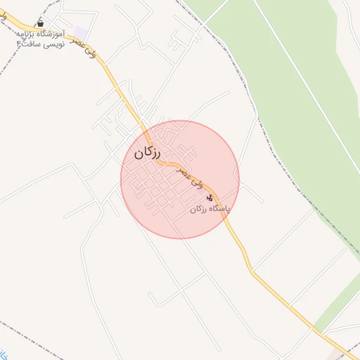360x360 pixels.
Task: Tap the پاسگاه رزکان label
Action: click(210, 210)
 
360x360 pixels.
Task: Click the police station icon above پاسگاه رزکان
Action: click(210, 198)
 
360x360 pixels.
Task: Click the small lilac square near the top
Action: click(81, 33)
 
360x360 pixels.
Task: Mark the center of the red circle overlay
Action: click(180, 180)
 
